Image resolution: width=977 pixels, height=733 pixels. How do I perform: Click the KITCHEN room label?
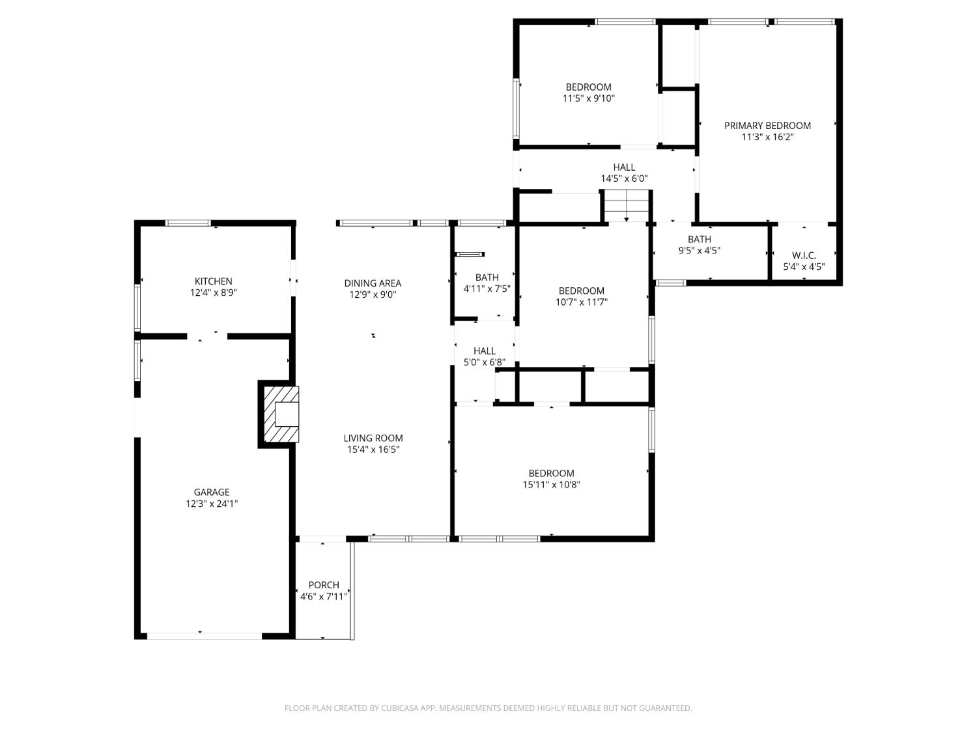tap(213, 281)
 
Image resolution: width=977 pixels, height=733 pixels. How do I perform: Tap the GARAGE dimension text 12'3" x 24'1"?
tap(212, 504)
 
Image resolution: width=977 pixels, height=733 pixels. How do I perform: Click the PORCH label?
tap(324, 585)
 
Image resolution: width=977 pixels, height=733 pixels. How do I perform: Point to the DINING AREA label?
tap(373, 283)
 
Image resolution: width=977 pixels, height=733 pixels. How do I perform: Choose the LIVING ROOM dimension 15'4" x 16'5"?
tap(373, 450)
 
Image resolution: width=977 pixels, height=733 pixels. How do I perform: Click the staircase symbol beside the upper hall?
tap(627, 205)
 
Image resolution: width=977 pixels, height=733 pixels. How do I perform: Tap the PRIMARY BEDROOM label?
tap(767, 126)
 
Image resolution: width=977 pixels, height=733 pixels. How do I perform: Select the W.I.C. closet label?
tap(804, 255)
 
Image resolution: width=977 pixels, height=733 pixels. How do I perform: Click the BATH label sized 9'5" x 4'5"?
tap(700, 239)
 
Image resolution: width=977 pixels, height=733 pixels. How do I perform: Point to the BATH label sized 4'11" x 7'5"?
tap(487, 278)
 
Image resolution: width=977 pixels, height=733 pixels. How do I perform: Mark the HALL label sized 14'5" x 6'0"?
tap(624, 167)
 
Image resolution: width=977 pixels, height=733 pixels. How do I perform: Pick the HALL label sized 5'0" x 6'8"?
tap(485, 351)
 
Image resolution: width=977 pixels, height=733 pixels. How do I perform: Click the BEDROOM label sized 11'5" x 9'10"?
tap(588, 87)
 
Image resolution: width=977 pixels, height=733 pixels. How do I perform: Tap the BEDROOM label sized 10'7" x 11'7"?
tap(581, 291)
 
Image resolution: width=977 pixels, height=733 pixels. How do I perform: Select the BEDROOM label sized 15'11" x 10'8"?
tap(551, 474)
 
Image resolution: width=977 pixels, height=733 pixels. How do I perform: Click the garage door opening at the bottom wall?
tap(205, 635)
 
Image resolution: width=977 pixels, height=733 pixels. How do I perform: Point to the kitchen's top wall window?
tap(188, 223)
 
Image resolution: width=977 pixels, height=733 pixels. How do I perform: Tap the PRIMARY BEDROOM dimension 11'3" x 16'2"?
tap(767, 137)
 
